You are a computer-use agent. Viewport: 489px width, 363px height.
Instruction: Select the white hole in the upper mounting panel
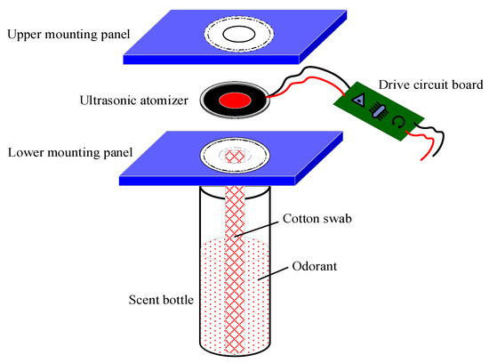click(237, 34)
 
